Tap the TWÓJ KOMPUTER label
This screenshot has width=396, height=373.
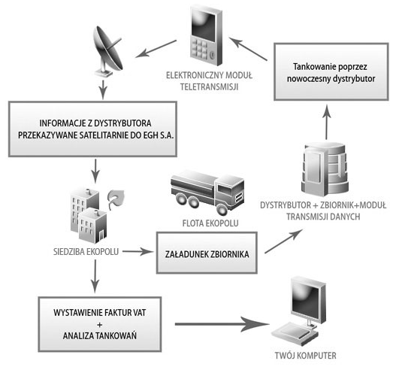coord(305,356)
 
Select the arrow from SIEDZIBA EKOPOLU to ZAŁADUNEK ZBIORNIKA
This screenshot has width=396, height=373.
coord(138,250)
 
